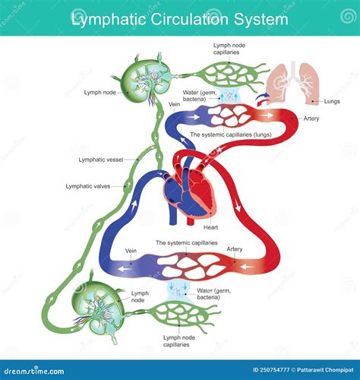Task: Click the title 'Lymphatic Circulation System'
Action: [179, 17]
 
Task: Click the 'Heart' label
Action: [212, 226]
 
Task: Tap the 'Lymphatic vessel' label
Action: [100, 160]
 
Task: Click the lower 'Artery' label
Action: [235, 249]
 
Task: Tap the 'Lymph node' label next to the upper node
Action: [100, 93]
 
